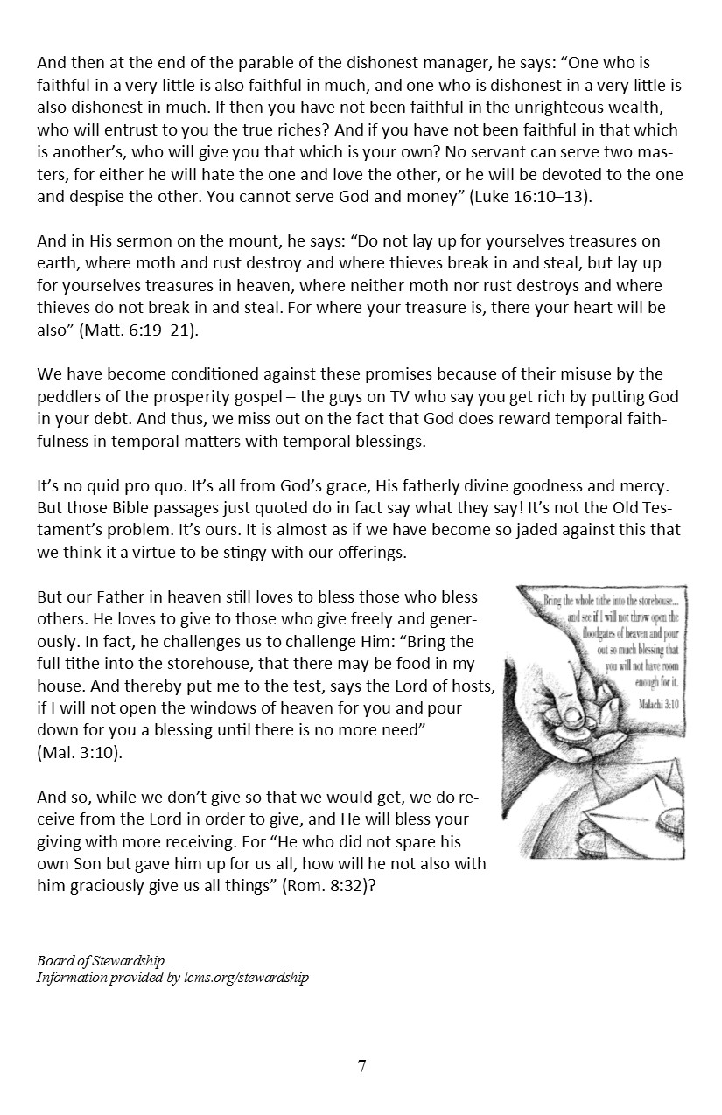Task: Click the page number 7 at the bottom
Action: coord(361,1066)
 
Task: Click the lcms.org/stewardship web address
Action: coord(242,978)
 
